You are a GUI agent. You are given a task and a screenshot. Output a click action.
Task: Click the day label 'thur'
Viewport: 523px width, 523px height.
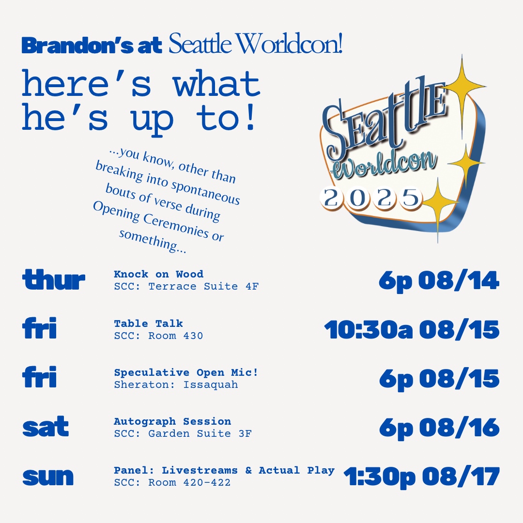54,279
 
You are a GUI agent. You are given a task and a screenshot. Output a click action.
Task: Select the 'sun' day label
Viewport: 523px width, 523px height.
48,477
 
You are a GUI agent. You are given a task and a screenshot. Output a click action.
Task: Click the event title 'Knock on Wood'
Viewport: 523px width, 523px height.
158,274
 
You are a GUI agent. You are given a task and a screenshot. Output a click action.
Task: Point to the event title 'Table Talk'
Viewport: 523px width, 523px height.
149,323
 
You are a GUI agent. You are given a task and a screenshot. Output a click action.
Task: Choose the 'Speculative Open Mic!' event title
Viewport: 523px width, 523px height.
186,372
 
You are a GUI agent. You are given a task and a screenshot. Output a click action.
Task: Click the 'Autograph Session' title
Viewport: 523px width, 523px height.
172,421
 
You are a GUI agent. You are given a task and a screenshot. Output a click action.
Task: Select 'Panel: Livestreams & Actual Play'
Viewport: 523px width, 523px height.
224,470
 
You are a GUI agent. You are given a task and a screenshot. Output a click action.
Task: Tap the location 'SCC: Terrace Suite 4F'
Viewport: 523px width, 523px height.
186,286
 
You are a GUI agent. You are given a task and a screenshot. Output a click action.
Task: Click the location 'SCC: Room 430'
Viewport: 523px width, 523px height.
158,335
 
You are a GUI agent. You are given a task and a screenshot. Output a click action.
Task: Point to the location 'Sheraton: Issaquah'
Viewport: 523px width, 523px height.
176,385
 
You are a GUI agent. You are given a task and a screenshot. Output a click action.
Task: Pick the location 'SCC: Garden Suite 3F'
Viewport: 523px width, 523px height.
183,433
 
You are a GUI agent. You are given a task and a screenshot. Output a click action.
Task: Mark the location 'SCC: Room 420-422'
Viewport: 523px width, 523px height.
172,482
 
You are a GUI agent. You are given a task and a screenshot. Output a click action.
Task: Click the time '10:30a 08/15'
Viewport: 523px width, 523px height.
412,330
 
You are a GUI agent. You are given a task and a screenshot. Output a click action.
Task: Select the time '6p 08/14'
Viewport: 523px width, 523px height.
439,281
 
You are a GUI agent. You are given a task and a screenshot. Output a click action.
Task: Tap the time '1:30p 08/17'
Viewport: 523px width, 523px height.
422,477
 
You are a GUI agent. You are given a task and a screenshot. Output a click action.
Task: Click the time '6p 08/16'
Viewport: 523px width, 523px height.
439,428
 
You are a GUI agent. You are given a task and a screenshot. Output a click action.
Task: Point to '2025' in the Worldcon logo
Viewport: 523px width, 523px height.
371,198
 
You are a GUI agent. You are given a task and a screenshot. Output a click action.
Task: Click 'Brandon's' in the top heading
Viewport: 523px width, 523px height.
77,46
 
